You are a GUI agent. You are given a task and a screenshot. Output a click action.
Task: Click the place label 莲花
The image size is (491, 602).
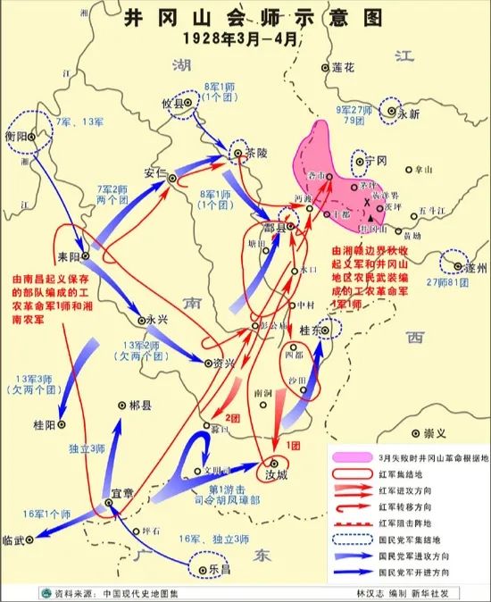[x=343, y=68]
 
